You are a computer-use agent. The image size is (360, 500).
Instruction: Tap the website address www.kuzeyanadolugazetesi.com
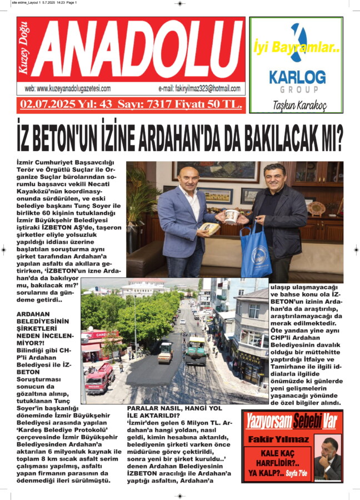68,89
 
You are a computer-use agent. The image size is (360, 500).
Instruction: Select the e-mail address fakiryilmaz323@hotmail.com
199,89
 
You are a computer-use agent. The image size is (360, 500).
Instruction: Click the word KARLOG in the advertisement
297,77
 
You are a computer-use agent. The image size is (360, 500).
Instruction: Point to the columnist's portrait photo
328,458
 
